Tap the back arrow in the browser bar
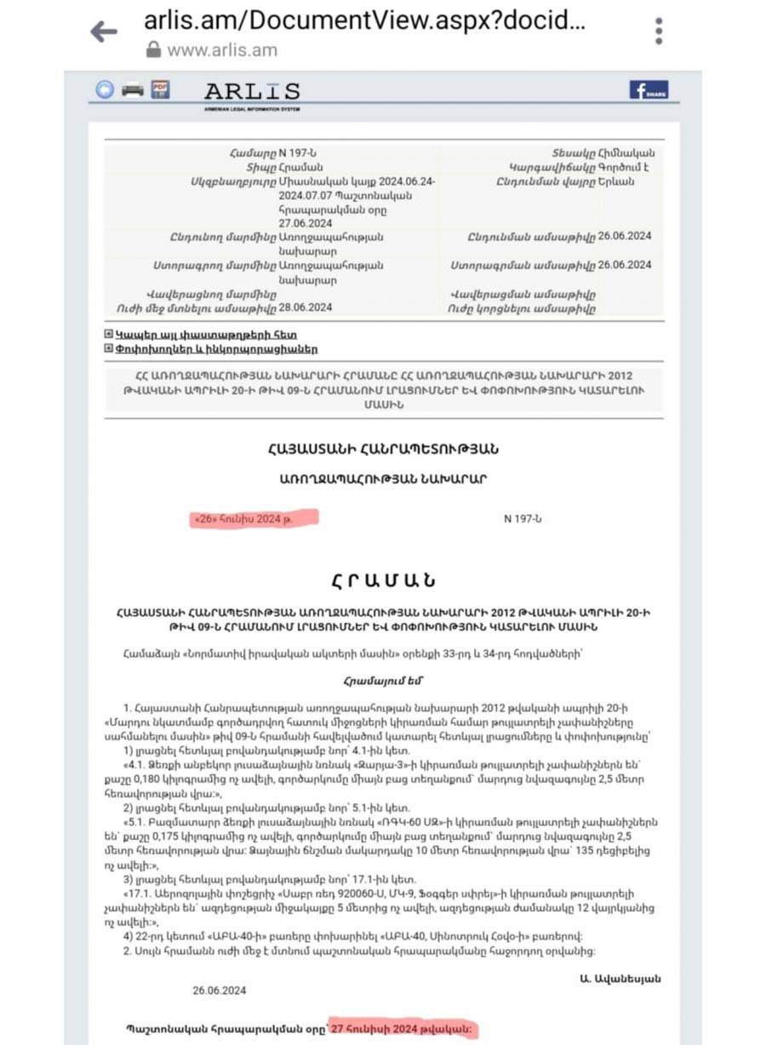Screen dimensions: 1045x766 [104, 32]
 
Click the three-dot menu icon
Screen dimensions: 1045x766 [659, 31]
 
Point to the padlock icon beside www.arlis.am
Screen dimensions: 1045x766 [153, 50]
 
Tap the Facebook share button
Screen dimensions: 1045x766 [649, 90]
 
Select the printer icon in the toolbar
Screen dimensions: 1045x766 [132, 89]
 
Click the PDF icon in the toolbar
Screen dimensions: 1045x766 [160, 89]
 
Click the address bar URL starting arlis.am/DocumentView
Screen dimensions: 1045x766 [364, 20]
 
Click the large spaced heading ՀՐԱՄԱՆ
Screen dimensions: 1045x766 [383, 580]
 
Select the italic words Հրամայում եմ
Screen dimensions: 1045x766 [382, 680]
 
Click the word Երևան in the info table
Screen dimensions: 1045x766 [616, 182]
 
